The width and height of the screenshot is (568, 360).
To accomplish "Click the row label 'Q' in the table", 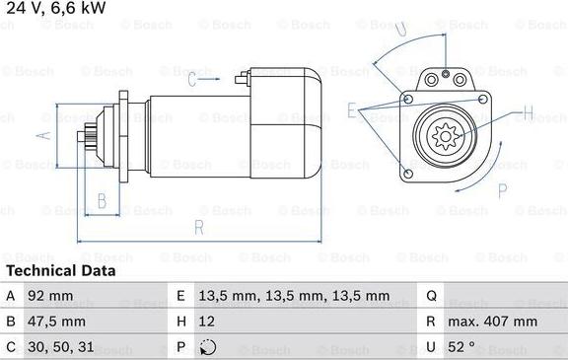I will click(432, 296).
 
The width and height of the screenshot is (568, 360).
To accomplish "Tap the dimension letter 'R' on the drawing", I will click(198, 228).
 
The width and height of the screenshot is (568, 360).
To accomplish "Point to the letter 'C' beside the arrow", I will click(192, 81).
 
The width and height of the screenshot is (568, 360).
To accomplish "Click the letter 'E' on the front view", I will click(352, 110).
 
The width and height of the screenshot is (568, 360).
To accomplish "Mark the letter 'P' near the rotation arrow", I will click(502, 189).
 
